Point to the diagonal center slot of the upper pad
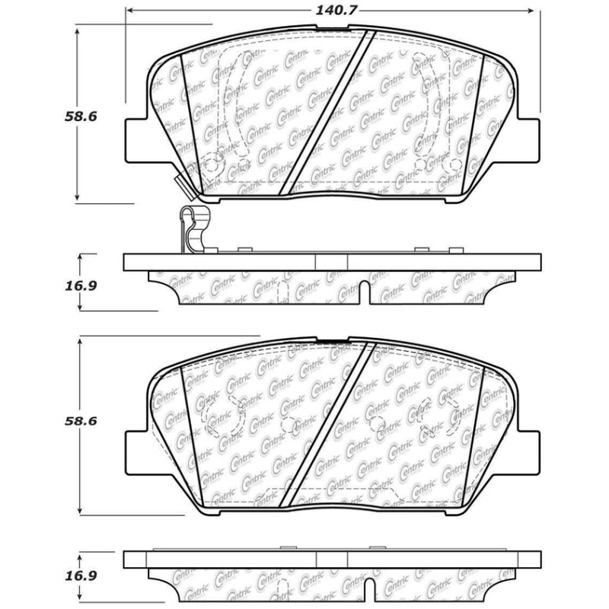click(327, 113)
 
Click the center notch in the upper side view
click(364, 294)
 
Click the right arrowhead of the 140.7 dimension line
click(534, 11)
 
